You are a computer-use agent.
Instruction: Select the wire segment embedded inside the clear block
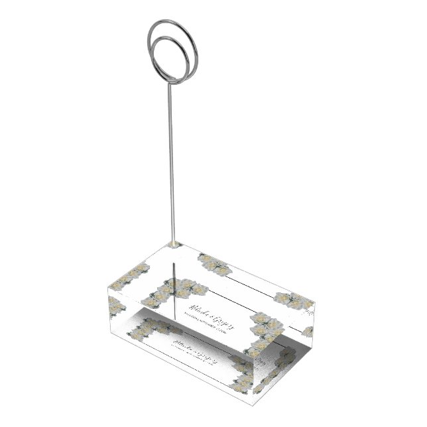(174, 282)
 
